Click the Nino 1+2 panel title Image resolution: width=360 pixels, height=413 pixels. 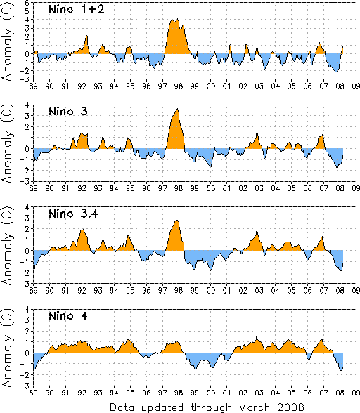point(77,10)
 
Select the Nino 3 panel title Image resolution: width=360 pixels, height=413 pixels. point(68,112)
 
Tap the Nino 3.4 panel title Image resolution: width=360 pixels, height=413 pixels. point(73,214)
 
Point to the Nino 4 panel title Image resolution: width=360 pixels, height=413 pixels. point(68,315)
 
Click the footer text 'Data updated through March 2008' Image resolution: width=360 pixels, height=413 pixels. point(207,407)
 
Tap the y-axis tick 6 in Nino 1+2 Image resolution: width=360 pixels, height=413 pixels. point(28,3)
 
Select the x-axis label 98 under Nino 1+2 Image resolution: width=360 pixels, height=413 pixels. point(179,86)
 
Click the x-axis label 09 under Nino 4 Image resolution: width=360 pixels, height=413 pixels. point(356,393)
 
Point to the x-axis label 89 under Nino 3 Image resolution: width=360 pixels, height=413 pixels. point(33,188)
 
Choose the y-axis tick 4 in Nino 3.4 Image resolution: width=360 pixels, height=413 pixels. point(27,207)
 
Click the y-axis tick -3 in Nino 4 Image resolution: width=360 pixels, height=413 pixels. point(26,386)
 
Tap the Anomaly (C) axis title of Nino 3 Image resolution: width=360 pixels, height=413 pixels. point(7,144)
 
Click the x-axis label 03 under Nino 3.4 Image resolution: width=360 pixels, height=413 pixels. point(259,291)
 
